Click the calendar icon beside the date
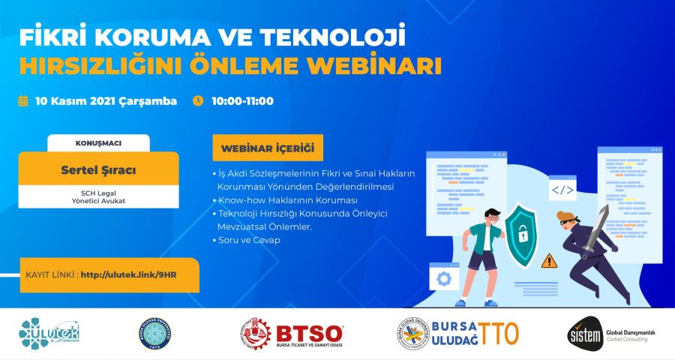(x=23, y=100)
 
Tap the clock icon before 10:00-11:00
(x=198, y=100)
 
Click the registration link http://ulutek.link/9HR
(x=127, y=275)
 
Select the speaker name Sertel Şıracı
(x=97, y=170)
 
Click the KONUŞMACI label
(x=98, y=142)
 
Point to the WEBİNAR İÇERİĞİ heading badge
(x=268, y=145)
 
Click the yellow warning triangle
(x=550, y=260)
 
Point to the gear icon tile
(x=444, y=278)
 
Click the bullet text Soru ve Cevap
(x=246, y=241)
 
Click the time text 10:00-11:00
(x=242, y=100)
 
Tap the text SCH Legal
(x=98, y=192)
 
